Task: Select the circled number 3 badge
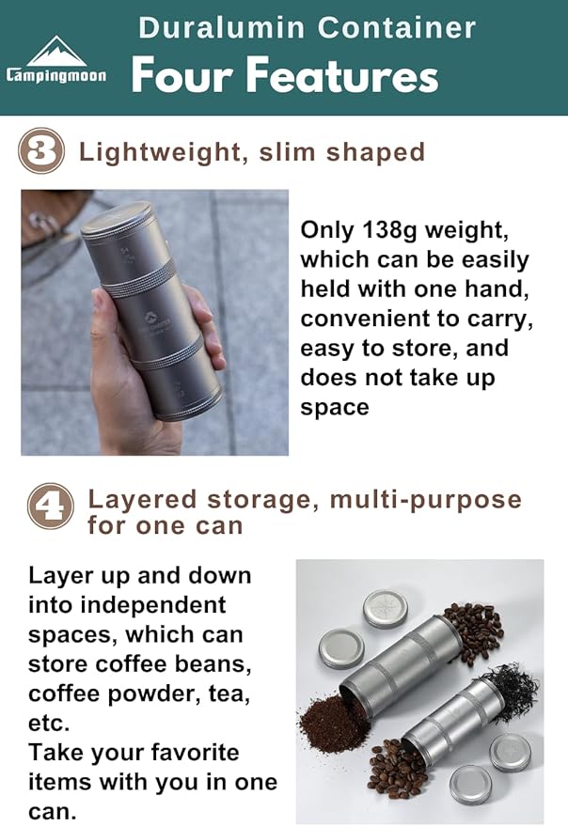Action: tap(42, 151)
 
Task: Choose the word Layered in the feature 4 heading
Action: tap(145, 500)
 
